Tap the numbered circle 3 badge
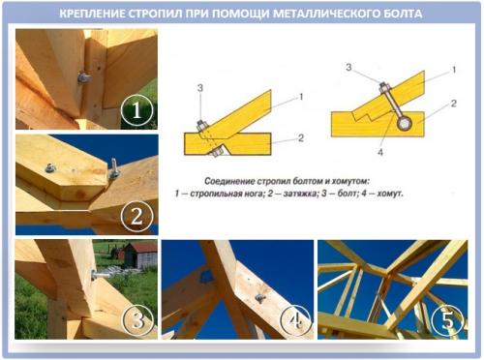(138, 318)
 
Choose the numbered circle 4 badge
(295, 318)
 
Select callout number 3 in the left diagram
(199, 89)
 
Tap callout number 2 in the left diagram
(301, 137)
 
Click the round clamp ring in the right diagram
(404, 123)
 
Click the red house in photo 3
(139, 255)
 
